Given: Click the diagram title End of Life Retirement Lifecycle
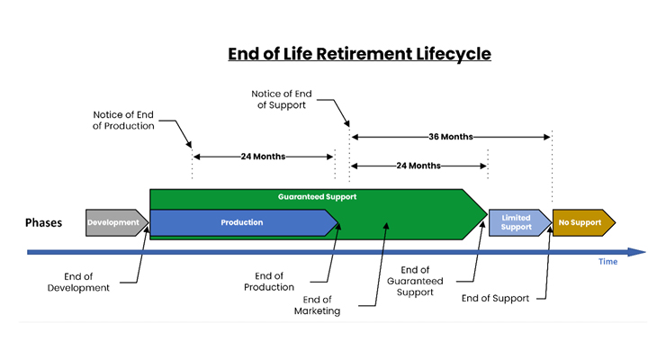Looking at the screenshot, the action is pyautogui.click(x=359, y=54).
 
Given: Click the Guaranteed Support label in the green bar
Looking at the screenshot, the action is pyautogui.click(x=318, y=196).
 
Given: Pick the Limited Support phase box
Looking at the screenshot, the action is pyautogui.click(x=520, y=222).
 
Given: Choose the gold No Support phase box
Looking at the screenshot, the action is pyautogui.click(x=583, y=222).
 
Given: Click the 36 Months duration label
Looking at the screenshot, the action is pyautogui.click(x=451, y=137).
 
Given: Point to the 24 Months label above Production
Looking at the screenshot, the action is pyautogui.click(x=263, y=157).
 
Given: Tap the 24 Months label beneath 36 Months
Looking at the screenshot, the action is pyautogui.click(x=418, y=166).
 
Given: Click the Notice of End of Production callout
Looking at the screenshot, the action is pyautogui.click(x=123, y=120).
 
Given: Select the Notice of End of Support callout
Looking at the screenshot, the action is pyautogui.click(x=281, y=99).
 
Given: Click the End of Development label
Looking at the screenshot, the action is pyautogui.click(x=78, y=282).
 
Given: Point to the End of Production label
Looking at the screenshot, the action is pyautogui.click(x=269, y=282).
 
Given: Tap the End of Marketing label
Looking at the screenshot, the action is pyautogui.click(x=318, y=305).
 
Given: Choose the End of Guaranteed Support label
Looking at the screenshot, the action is pyautogui.click(x=415, y=281).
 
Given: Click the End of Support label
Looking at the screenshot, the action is pyautogui.click(x=495, y=299).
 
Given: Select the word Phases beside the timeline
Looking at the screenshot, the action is pyautogui.click(x=43, y=222).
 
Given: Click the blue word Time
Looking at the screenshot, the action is pyautogui.click(x=607, y=262).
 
